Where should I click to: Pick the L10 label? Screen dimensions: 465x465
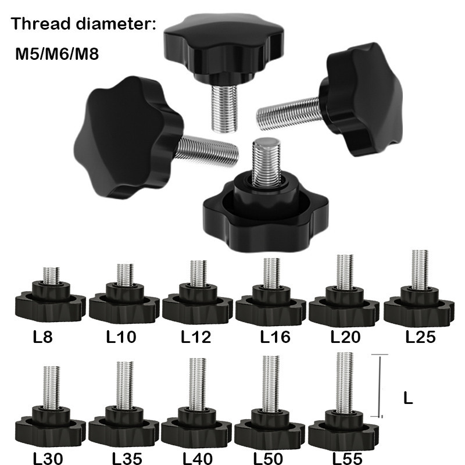click(121, 337)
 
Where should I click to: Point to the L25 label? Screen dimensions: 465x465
click(421, 337)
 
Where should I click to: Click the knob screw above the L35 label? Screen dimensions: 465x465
click(123, 407)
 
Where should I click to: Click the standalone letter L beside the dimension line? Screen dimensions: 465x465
click(408, 399)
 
